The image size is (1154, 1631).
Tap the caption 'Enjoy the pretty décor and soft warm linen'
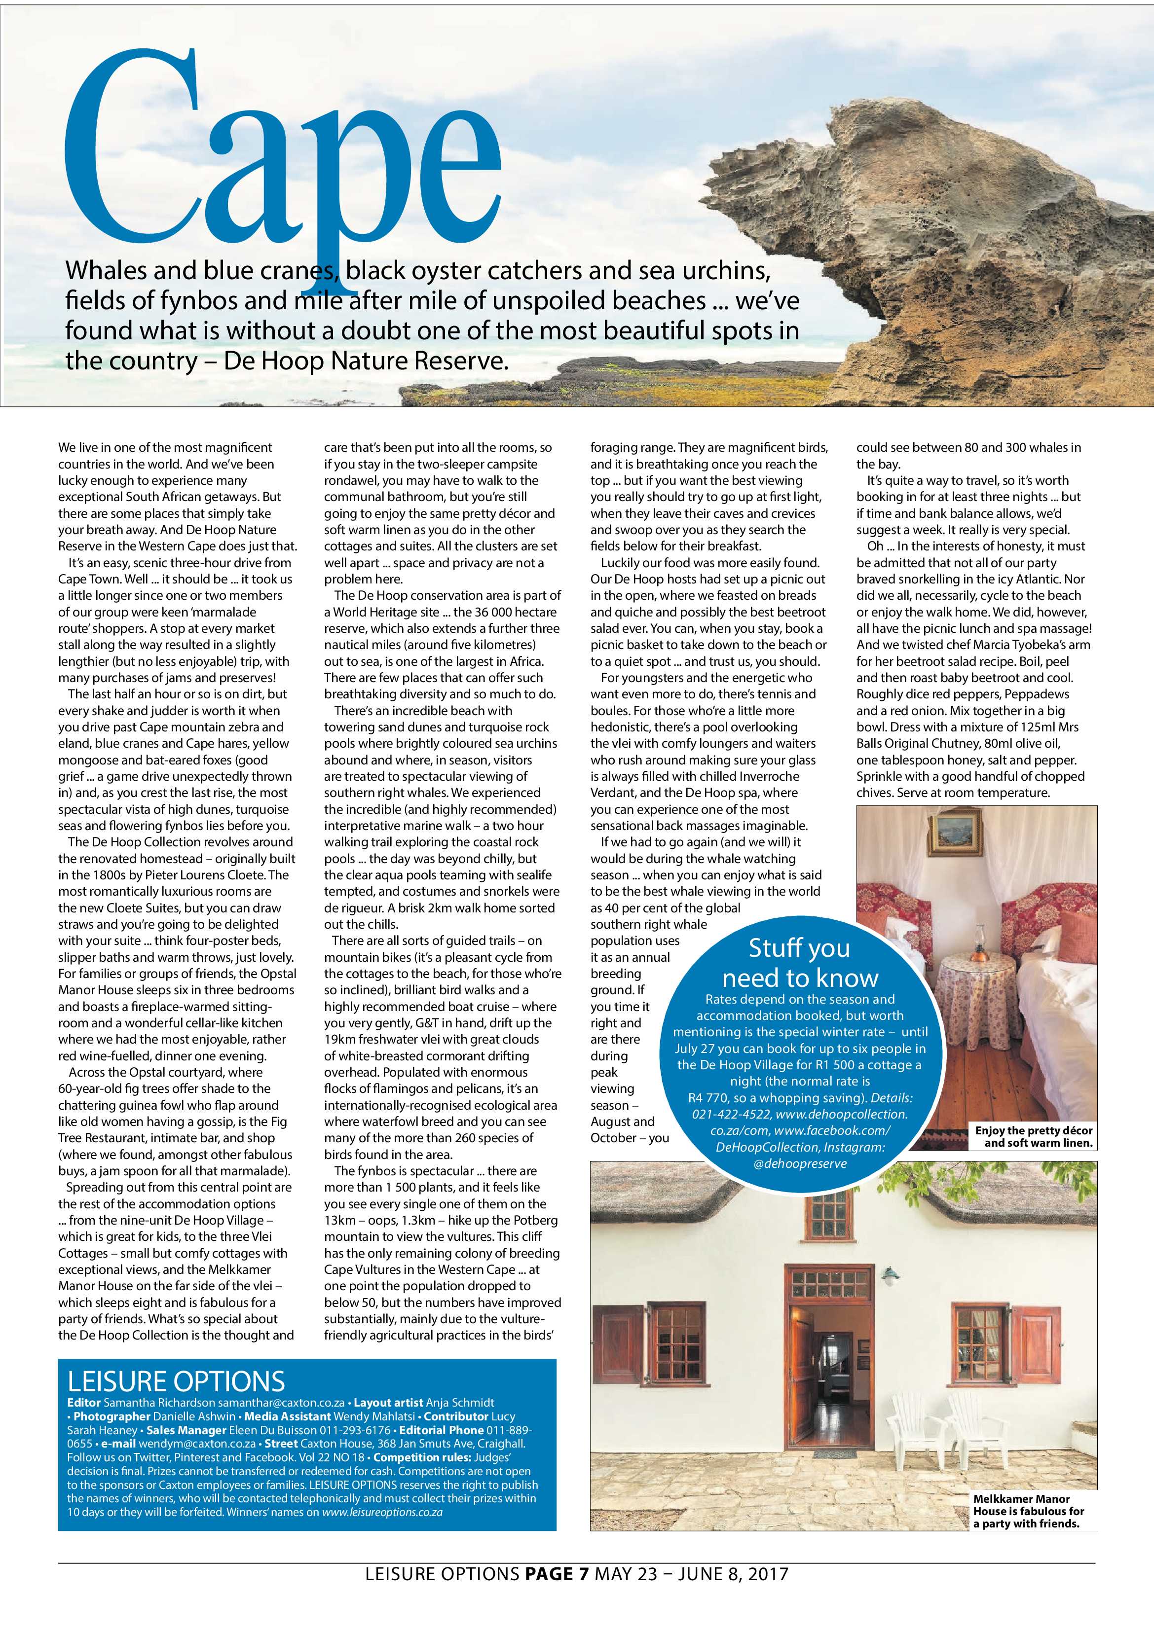coord(1033,1137)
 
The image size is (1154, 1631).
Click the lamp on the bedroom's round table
coord(978,941)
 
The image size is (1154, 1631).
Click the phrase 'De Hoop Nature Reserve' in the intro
coord(366,362)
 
